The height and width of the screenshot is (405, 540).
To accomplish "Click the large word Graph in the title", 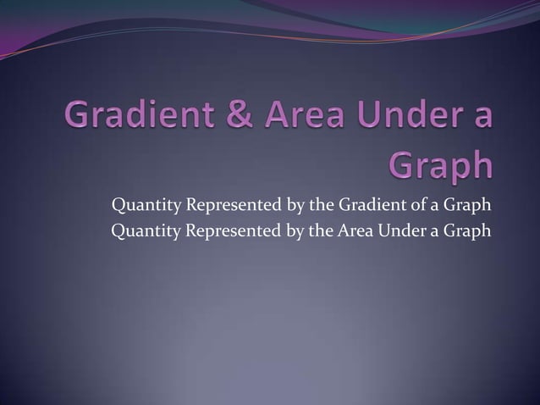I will [x=440, y=164].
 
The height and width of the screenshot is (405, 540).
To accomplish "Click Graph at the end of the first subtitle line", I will [x=468, y=206].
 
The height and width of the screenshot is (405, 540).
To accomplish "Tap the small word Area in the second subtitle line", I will [x=356, y=230].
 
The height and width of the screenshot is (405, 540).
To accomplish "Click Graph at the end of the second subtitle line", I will [x=468, y=230].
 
